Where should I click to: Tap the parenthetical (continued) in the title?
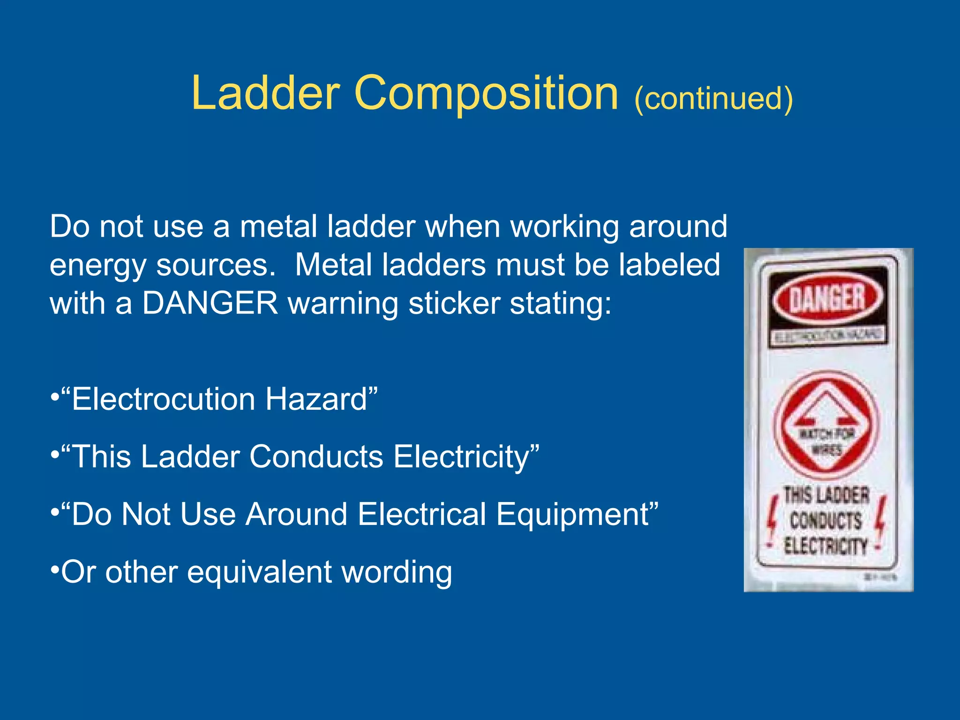pyautogui.click(x=713, y=98)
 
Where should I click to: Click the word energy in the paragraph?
pyautogui.click(x=97, y=266)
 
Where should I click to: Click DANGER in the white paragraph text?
pyautogui.click(x=210, y=303)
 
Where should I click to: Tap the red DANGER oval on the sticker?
pyautogui.click(x=827, y=299)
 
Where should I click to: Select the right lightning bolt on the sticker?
pyautogui.click(x=881, y=518)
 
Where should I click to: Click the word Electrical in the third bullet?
pyautogui.click(x=422, y=514)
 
